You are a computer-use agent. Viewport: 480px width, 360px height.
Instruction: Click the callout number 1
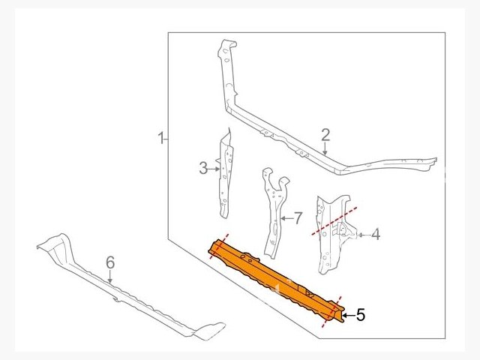coord(161,138)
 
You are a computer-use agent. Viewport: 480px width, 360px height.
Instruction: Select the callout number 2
coord(325,135)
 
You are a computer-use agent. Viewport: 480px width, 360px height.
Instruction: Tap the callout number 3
coord(203,168)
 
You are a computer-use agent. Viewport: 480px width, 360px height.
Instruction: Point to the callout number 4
coord(376,235)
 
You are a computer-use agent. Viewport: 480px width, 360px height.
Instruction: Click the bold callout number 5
coord(361,315)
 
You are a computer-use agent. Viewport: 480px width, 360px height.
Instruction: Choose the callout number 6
coord(110,263)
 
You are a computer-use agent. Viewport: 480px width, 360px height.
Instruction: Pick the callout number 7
coord(298,218)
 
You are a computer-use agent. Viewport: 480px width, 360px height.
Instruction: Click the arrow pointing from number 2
coord(325,148)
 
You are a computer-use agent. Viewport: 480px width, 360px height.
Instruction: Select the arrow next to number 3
coord(214,168)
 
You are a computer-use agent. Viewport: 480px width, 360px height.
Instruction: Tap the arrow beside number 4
coord(364,235)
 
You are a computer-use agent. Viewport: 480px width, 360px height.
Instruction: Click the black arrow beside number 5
coord(348,315)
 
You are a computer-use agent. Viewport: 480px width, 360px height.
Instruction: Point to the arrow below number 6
coord(110,276)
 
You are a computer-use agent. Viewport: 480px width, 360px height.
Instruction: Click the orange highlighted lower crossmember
coord(275,280)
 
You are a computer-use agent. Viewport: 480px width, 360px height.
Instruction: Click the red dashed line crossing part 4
coord(334,221)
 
